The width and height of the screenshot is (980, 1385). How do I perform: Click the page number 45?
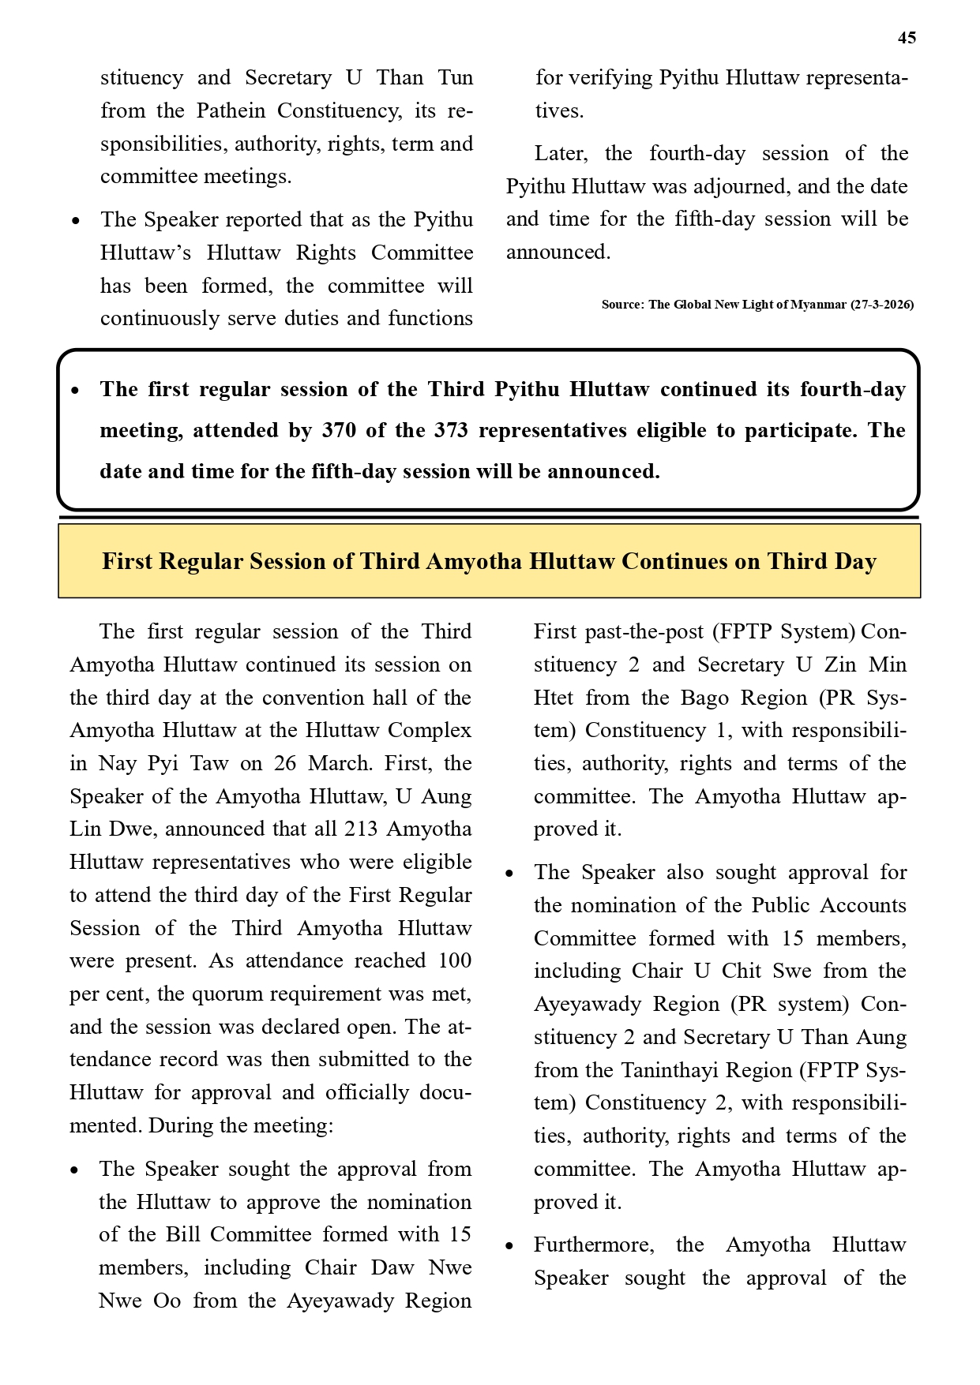coord(907,38)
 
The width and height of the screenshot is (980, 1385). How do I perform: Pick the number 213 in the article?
coord(359,829)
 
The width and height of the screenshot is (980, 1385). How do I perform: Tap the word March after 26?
coord(340,763)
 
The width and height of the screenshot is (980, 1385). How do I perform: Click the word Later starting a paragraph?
coord(561,153)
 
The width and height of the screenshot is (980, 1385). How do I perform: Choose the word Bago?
coord(711,698)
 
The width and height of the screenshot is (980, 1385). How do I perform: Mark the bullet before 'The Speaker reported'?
coord(75,221)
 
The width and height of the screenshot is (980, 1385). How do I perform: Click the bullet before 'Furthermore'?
coord(509,1246)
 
